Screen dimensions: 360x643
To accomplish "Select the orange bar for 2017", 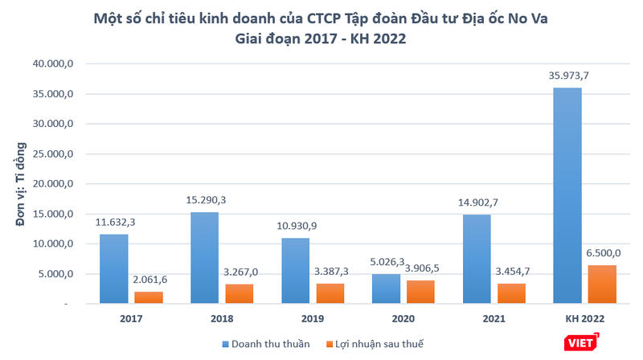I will (148, 297).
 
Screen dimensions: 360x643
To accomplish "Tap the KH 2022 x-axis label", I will (584, 319).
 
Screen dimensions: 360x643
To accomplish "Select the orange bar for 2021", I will (512, 293).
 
